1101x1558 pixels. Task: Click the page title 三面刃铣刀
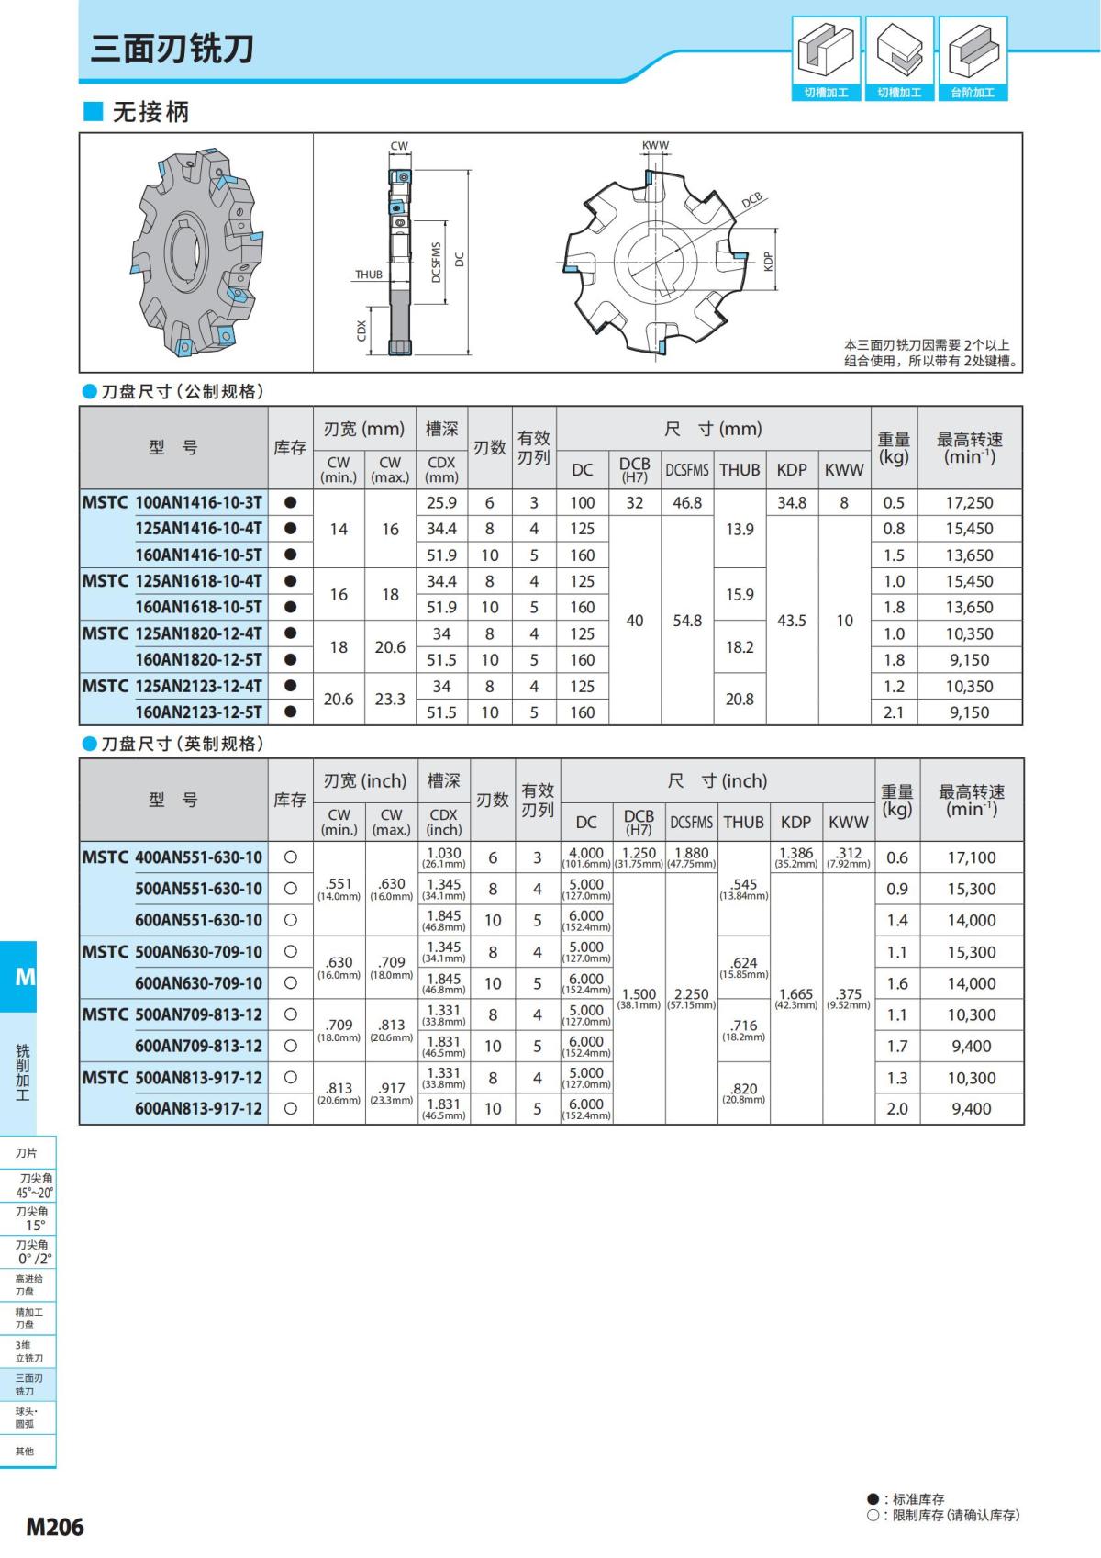click(x=172, y=49)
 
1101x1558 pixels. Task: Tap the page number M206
click(x=55, y=1526)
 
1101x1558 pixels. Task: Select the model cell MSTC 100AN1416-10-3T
click(x=172, y=502)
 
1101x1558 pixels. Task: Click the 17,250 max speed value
click(x=969, y=502)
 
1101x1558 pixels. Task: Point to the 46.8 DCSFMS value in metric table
click(x=686, y=502)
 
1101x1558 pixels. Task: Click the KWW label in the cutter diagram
click(x=655, y=145)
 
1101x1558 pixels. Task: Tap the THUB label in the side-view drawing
click(x=369, y=275)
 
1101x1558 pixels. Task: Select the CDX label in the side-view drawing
click(x=361, y=331)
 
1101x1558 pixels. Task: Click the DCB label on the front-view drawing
click(x=752, y=201)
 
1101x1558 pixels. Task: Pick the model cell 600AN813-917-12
click(x=198, y=1108)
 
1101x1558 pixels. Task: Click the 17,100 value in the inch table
click(x=971, y=857)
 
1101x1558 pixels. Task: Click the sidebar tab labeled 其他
click(x=25, y=1451)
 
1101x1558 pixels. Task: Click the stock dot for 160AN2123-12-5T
click(x=290, y=712)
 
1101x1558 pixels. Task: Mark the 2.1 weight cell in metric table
click(x=893, y=712)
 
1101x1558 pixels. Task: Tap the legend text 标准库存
click(x=918, y=1498)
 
